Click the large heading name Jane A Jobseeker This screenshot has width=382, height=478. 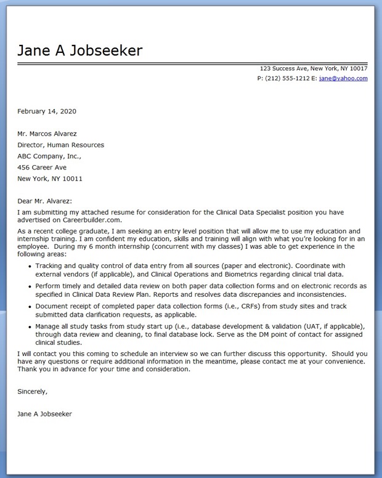(80, 50)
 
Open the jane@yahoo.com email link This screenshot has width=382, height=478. (344, 79)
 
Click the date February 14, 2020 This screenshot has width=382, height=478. (47, 111)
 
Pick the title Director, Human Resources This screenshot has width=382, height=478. (61, 145)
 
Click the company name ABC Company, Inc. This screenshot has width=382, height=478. (49, 156)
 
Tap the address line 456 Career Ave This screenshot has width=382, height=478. (42, 168)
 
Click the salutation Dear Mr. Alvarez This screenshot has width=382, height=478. (45, 201)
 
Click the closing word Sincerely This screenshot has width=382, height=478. (33, 391)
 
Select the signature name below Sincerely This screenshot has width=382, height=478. (45, 414)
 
